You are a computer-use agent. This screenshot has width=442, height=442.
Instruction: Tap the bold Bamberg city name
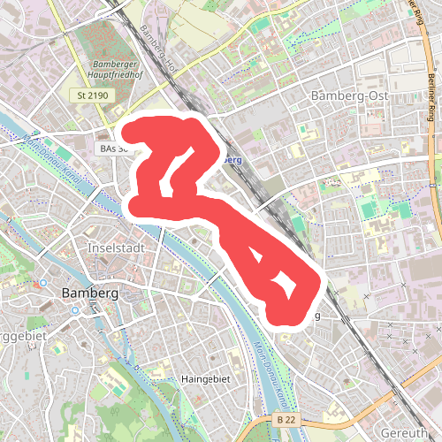pos(90,293)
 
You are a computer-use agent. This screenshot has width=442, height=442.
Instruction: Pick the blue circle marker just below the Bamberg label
pos(76,311)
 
